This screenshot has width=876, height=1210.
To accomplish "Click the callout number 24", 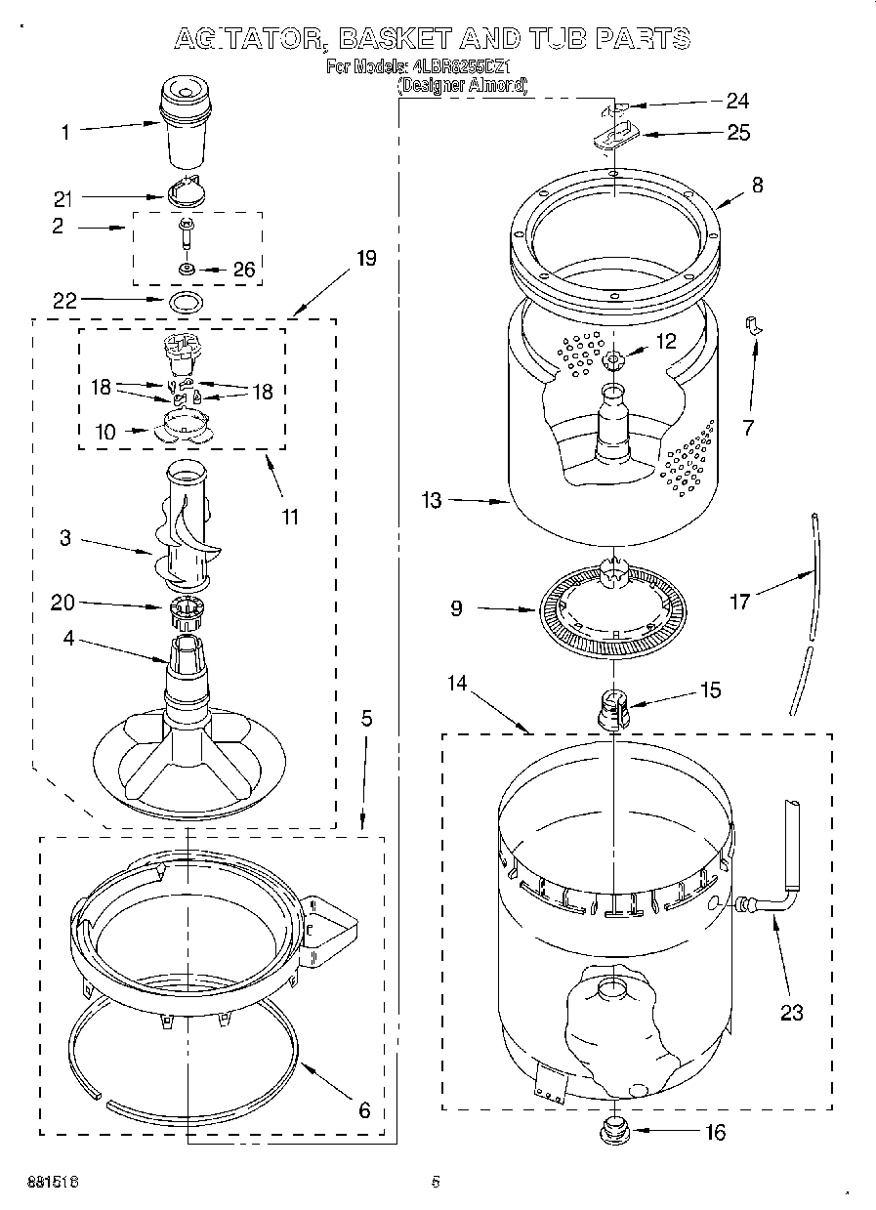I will pyautogui.click(x=737, y=100).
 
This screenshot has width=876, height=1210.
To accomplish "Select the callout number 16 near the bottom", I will pyautogui.click(x=715, y=1133).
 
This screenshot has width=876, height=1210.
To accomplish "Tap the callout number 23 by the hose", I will pyautogui.click(x=791, y=1013).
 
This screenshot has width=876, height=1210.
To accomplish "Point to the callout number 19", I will pyautogui.click(x=365, y=258).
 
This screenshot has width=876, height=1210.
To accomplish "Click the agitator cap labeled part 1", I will pyautogui.click(x=186, y=122).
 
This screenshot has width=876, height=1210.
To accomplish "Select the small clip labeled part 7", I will pyautogui.click(x=753, y=326).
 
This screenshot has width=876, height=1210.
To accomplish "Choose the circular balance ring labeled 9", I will pyautogui.click(x=611, y=610).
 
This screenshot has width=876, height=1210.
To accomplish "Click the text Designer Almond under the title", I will pyautogui.click(x=462, y=86).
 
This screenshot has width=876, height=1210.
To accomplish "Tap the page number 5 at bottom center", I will pyautogui.click(x=436, y=1182).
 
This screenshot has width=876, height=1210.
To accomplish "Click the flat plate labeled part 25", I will pyautogui.click(x=615, y=134).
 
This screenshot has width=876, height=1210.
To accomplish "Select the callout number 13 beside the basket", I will pyautogui.click(x=432, y=501).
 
